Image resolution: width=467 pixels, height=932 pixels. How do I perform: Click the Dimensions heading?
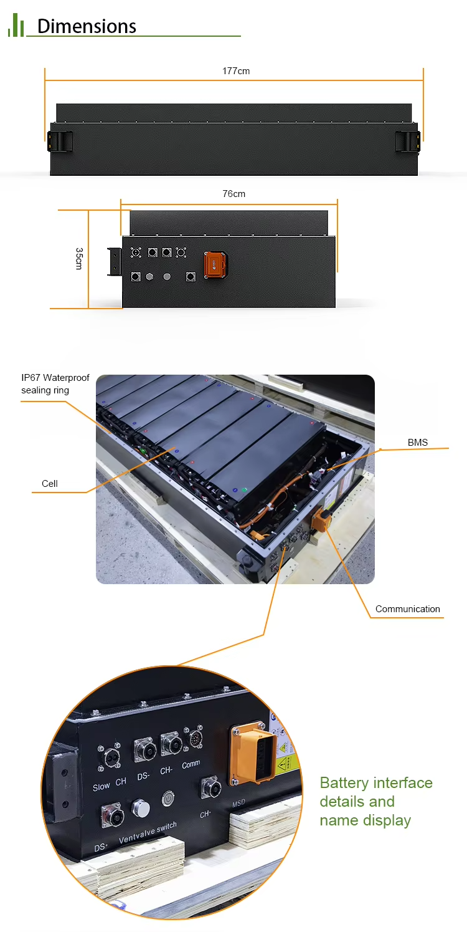(x=87, y=26)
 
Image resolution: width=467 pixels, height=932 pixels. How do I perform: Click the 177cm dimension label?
(x=236, y=71)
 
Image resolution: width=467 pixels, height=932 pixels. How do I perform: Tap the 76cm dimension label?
(x=234, y=194)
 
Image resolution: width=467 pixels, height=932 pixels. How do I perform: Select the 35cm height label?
(x=79, y=258)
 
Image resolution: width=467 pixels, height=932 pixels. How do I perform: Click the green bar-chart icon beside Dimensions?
(x=16, y=26)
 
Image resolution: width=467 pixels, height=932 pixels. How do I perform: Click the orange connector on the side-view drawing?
(x=214, y=265)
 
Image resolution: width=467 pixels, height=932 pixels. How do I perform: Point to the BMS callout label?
(x=418, y=443)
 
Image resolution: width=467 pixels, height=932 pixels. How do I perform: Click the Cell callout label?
(x=50, y=484)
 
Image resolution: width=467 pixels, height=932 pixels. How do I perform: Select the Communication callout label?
(x=407, y=609)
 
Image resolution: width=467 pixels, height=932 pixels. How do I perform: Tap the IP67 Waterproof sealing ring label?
(x=55, y=384)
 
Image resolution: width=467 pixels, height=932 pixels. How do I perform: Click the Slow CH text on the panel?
(x=110, y=784)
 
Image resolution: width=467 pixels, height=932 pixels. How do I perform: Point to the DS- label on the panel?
(x=144, y=776)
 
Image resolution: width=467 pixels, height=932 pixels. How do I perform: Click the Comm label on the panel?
(x=191, y=764)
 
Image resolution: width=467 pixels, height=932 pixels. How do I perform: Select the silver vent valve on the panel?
(x=141, y=809)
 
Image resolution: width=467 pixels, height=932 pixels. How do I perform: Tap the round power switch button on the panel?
(x=168, y=797)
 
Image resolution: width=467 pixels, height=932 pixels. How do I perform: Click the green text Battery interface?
(x=375, y=783)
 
